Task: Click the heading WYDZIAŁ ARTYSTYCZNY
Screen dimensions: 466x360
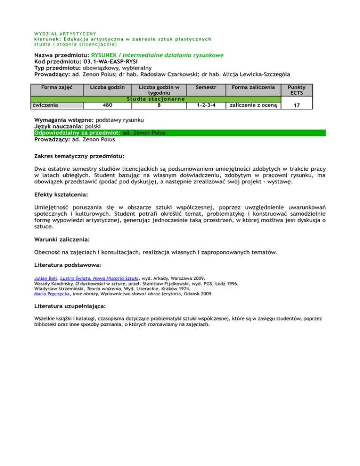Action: [x=65, y=33]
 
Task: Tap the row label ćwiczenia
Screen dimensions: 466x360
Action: [x=46, y=105]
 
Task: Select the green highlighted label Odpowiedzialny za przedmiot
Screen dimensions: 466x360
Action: [x=77, y=133]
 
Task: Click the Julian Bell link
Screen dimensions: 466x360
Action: [x=46, y=278]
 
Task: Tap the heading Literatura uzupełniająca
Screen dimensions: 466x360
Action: [x=70, y=306]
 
